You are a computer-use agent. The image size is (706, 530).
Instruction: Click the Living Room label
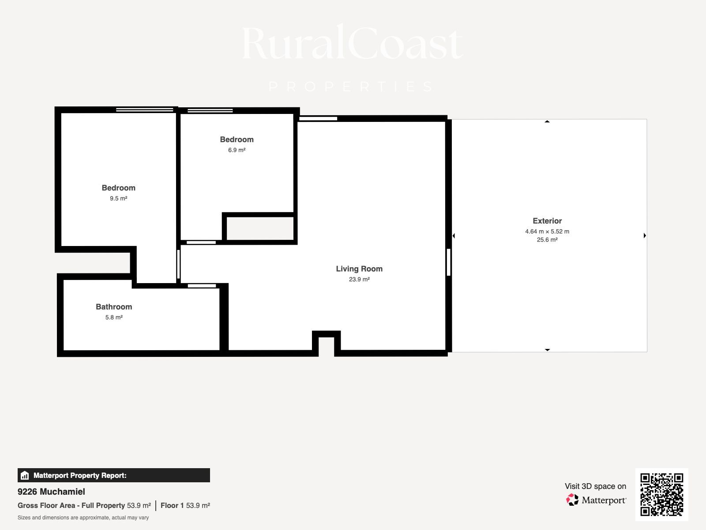(x=359, y=269)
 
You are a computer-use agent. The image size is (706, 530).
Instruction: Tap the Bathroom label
(x=114, y=307)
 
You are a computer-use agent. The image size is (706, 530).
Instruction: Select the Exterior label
(x=547, y=221)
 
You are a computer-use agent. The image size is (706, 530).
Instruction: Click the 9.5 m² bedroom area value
(x=119, y=198)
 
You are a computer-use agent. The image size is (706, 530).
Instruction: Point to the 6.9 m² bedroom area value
(x=237, y=150)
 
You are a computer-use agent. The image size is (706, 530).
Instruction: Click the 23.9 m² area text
(x=359, y=279)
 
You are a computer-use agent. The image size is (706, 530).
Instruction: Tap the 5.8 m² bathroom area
(x=114, y=317)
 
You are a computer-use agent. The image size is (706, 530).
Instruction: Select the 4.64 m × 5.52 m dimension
(x=547, y=231)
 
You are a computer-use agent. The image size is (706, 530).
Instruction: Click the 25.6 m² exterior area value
(x=547, y=240)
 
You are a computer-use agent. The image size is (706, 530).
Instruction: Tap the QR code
(x=661, y=495)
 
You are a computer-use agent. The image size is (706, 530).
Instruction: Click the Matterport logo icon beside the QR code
(x=572, y=500)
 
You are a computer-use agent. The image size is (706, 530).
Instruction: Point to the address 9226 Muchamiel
(x=51, y=492)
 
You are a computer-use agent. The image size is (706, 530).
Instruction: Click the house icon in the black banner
(x=25, y=475)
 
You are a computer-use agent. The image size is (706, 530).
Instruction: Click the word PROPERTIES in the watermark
(x=352, y=87)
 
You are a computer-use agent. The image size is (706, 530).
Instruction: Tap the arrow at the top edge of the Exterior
(x=547, y=121)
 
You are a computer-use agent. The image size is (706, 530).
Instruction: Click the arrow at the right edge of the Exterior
(x=645, y=235)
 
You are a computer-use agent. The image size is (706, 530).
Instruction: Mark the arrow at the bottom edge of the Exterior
(x=547, y=350)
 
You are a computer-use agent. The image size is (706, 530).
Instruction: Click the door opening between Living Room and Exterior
(x=449, y=262)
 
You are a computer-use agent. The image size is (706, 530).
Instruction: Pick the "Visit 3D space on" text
(x=595, y=486)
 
